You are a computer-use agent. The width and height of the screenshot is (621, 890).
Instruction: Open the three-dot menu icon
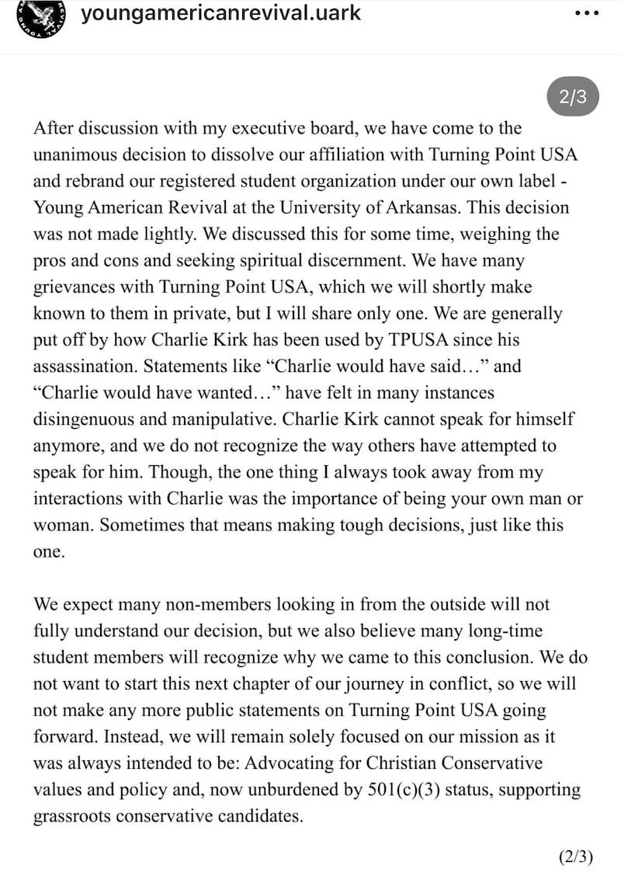tap(585, 14)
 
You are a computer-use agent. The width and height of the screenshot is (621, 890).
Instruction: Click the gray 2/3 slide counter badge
tap(573, 97)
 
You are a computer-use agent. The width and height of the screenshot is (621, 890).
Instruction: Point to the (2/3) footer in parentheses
tap(575, 857)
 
